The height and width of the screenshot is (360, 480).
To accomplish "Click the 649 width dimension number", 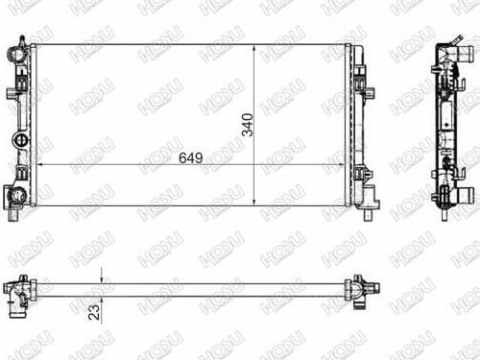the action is [x=191, y=158].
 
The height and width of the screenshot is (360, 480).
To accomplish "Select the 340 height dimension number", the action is [x=248, y=125].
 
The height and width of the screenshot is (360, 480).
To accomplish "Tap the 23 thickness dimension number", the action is [x=94, y=312].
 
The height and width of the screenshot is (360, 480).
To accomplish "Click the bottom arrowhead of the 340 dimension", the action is [x=254, y=202].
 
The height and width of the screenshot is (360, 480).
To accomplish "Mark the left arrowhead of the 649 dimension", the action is [x=40, y=165].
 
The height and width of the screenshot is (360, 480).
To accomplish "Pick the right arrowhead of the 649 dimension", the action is [x=341, y=165].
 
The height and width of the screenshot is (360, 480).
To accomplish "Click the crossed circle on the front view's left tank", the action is [x=21, y=140].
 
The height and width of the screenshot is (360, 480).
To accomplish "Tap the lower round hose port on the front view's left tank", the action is [x=16, y=195].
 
